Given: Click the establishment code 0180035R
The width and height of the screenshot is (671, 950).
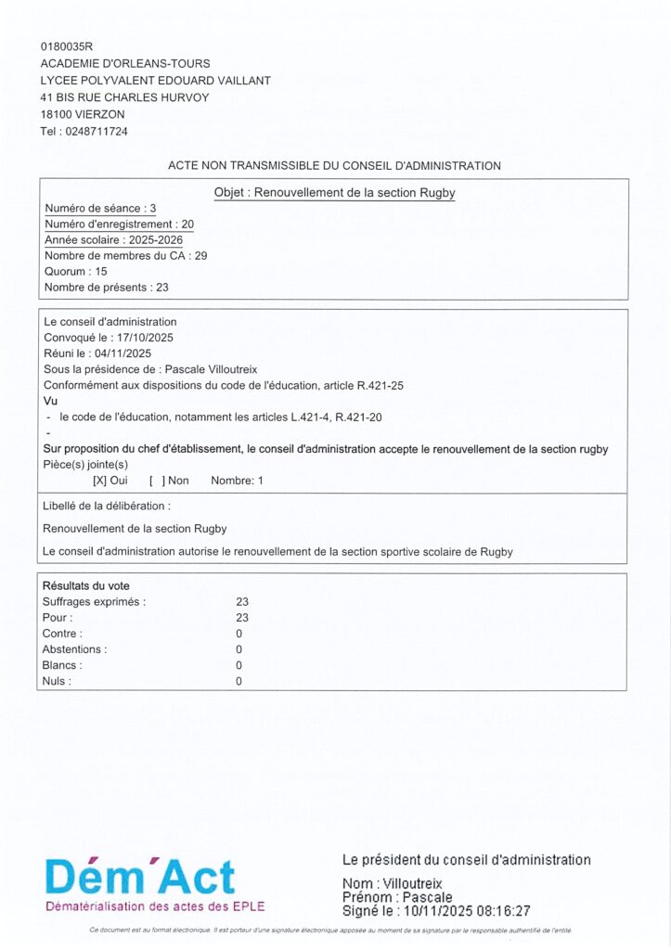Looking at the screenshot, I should [x=68, y=46].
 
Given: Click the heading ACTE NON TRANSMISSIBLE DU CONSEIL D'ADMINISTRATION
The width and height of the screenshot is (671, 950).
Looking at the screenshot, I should [x=334, y=166].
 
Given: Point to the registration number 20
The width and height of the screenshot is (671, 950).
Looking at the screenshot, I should [x=187, y=224].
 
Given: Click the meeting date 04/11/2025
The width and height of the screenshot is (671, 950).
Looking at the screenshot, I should [x=123, y=353].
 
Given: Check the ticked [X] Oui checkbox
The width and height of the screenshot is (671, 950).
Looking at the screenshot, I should [x=99, y=481].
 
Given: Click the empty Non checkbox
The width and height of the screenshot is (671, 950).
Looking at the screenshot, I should [x=157, y=481].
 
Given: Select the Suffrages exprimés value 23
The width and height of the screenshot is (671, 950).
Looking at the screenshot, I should [x=243, y=601].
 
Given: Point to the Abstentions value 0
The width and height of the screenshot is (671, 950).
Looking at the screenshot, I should [x=239, y=649].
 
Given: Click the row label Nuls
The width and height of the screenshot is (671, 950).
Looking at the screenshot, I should [x=57, y=681].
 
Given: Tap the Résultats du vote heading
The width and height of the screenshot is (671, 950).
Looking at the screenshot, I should [x=86, y=585].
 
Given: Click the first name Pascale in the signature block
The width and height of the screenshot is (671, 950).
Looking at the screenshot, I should [x=424, y=898].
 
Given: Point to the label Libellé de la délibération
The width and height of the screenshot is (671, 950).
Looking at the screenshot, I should [x=107, y=507].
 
